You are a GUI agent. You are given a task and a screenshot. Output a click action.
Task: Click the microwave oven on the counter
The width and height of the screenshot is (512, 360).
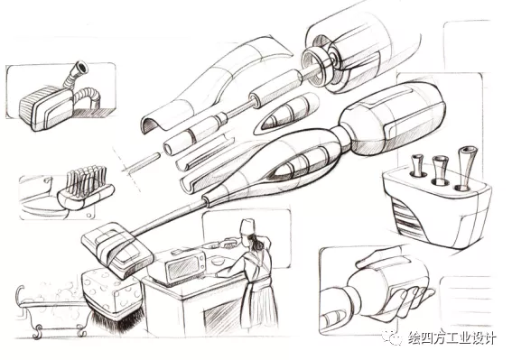(x=185, y=267)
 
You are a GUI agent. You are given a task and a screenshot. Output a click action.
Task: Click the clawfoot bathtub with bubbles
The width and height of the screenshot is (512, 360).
(x=51, y=310)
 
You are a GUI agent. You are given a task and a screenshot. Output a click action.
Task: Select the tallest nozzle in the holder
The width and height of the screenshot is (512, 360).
(x=466, y=169)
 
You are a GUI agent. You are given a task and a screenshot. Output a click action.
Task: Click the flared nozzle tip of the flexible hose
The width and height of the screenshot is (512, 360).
(x=80, y=68)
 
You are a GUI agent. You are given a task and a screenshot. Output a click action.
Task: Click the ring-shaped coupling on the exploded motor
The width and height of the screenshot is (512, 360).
(x=314, y=65)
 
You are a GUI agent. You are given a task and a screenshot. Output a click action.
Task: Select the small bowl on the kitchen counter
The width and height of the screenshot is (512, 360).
(x=218, y=261)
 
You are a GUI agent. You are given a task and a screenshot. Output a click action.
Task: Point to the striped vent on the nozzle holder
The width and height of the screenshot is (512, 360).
(x=409, y=218)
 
